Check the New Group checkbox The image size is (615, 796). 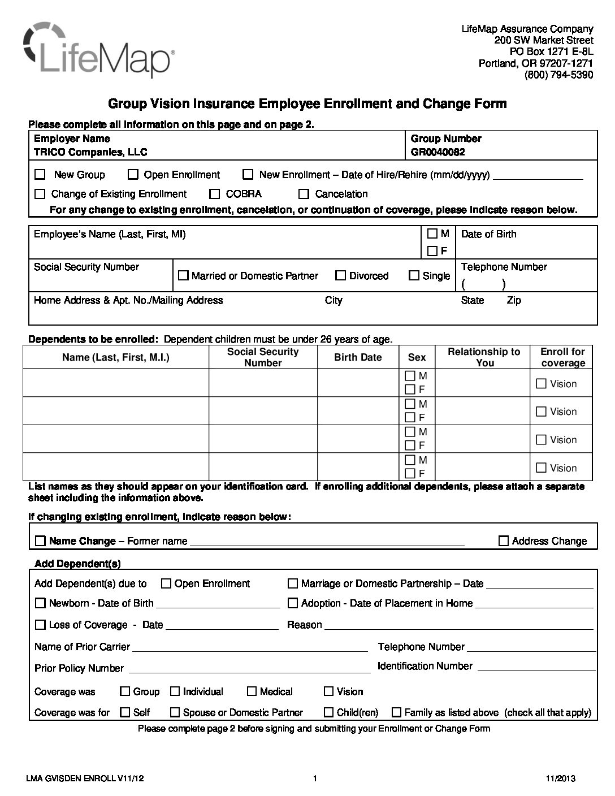pos(40,175)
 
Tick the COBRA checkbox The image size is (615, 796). pos(214,194)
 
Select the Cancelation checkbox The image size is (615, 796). pos(304,194)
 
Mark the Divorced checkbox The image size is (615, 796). pos(340,276)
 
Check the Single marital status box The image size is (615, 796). pos(414,276)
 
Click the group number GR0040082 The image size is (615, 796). pos(438,152)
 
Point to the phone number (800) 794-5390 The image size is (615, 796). pos(558,75)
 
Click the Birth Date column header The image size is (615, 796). pos(358,357)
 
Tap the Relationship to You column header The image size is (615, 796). pos(484,357)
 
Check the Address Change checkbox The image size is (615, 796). pos(504,541)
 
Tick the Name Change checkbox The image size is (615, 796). pos(40,541)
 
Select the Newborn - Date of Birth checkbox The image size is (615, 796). pos(40,603)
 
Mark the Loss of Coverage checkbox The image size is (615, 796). pos(40,625)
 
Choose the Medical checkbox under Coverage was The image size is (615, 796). pos(252,691)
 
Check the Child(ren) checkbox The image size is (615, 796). pos(328,712)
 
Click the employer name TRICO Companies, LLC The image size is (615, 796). pos(90,152)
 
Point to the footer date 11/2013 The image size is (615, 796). pos(561,779)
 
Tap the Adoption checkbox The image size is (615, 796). pos(293,603)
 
